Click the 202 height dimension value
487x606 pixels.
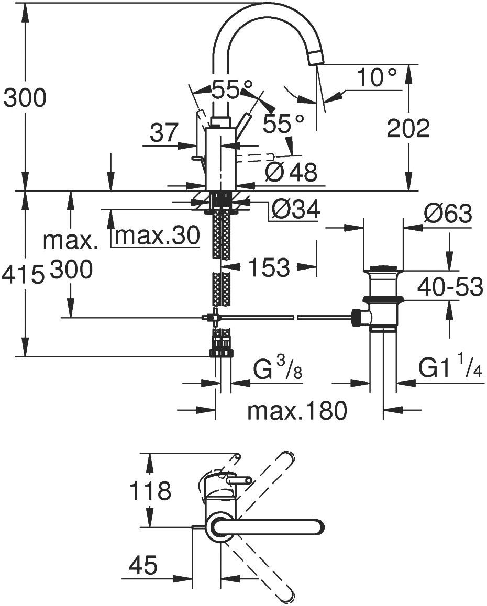tap(408, 129)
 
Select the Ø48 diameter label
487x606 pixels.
tap(291, 172)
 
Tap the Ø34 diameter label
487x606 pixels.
tap(295, 210)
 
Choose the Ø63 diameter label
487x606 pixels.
tap(448, 214)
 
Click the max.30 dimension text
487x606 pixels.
tap(157, 237)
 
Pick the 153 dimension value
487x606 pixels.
tap(269, 268)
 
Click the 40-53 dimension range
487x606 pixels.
tap(450, 287)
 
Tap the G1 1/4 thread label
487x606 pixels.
tap(450, 369)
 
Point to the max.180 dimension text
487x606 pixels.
tap(297, 411)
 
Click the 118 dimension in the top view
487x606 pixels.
tap(150, 491)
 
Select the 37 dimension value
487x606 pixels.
tap(164, 133)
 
